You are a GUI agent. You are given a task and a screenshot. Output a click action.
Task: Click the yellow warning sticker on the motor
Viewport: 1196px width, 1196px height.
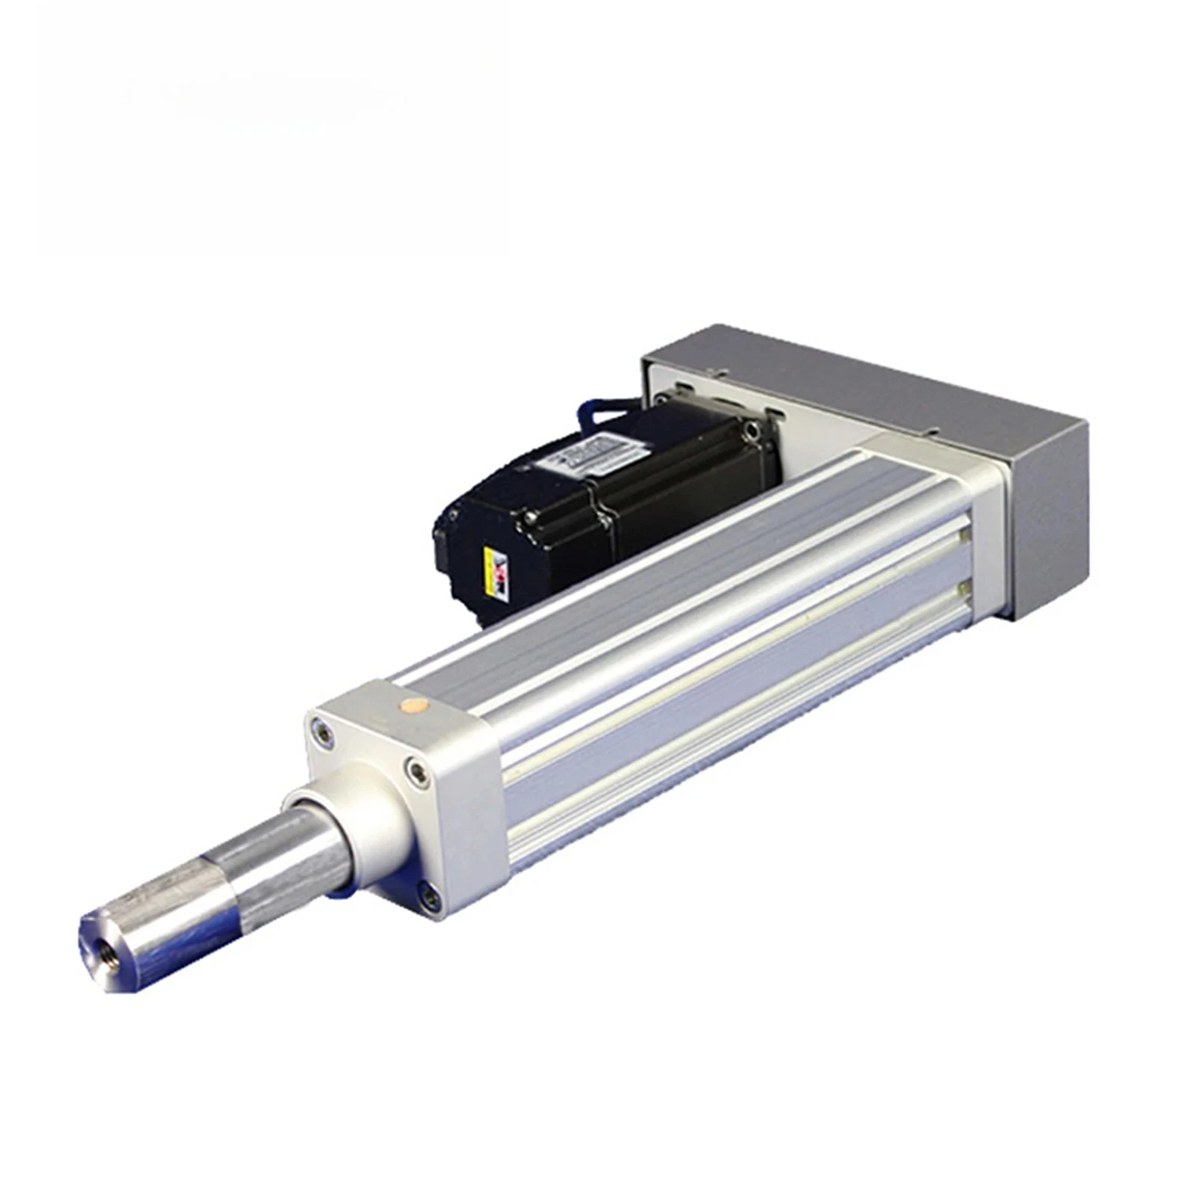pos(496,570)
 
